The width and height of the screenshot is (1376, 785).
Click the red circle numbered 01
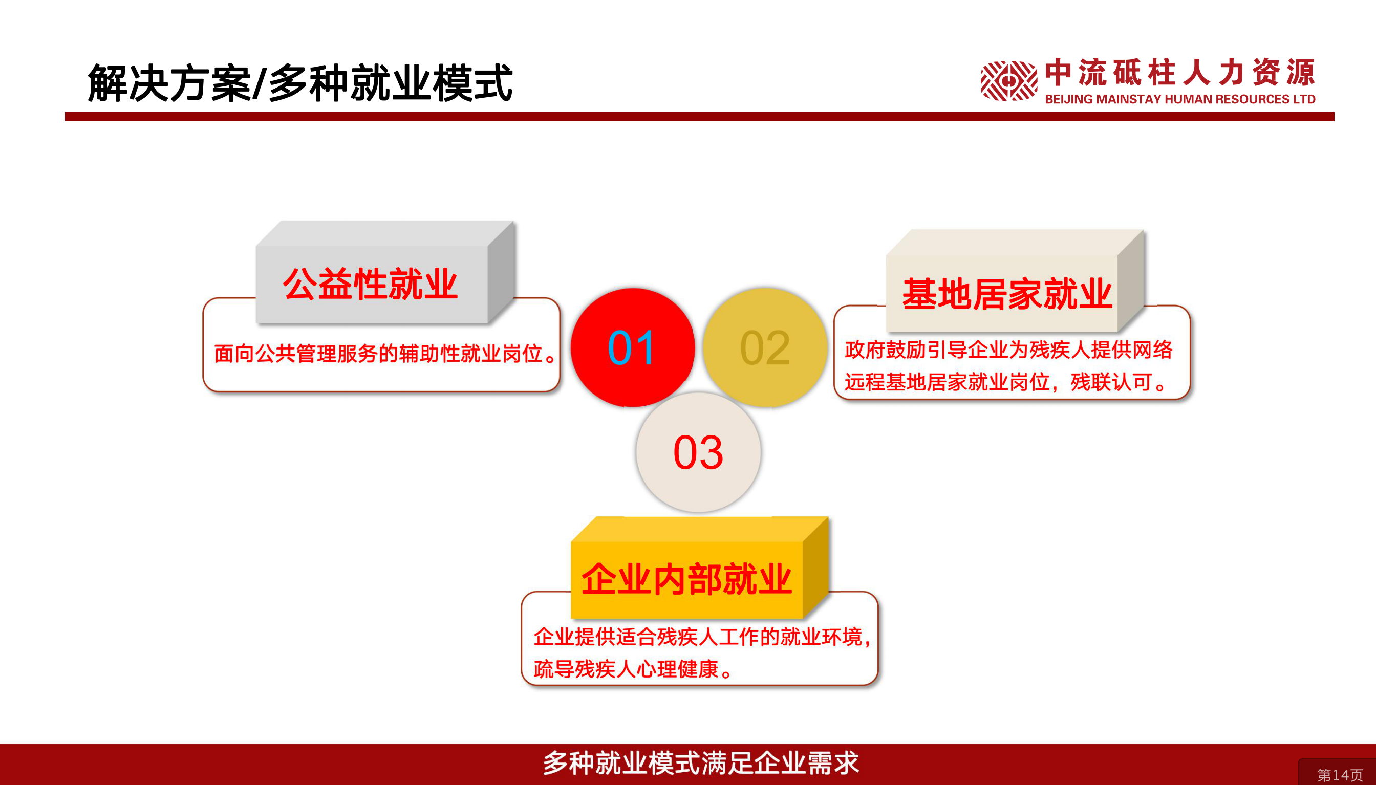click(x=633, y=347)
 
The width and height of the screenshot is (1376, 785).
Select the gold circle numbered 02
click(x=765, y=347)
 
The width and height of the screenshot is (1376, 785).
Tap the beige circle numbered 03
click(x=698, y=452)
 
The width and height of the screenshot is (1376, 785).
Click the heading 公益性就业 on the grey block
click(x=371, y=284)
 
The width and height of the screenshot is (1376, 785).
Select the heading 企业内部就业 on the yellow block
click(x=686, y=580)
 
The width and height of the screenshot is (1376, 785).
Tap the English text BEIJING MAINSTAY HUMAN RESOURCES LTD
click(x=1180, y=99)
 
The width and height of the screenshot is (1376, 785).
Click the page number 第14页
click(x=1340, y=775)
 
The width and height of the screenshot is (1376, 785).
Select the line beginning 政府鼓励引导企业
click(x=1008, y=350)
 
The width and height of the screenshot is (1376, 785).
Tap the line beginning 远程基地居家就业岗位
click(x=1006, y=382)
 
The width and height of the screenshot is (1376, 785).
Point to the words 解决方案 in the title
click(x=170, y=83)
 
